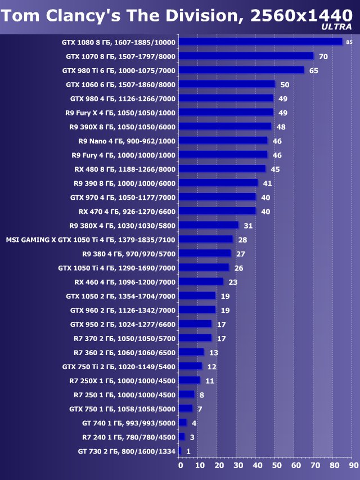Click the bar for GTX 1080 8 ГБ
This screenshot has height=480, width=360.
[x=261, y=42]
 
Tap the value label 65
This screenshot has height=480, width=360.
[x=313, y=70]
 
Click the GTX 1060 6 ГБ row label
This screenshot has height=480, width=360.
[x=121, y=84]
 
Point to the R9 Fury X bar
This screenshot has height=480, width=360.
[x=226, y=113]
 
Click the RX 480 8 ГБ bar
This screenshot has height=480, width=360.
[x=222, y=169]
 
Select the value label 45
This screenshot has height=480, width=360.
[x=275, y=169]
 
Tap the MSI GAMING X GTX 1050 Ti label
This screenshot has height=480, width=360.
[x=91, y=240]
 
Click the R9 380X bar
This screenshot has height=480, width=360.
[x=209, y=225]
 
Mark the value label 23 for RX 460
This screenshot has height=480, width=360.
[x=233, y=282]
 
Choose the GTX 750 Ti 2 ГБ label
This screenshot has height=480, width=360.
[x=119, y=366]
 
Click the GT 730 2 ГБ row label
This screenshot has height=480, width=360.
[x=127, y=451]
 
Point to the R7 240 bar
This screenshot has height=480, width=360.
[x=182, y=437]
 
